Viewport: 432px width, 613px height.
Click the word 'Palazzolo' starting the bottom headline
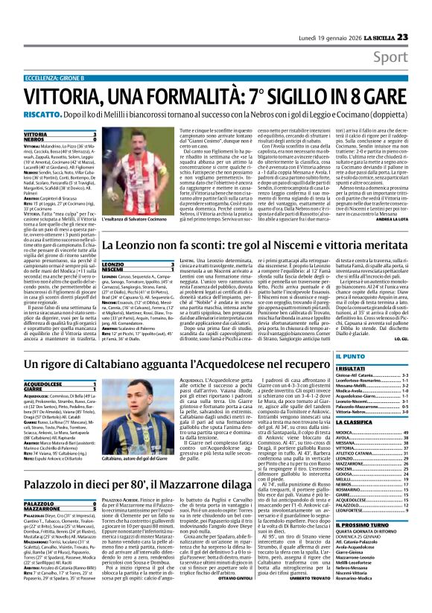(55, 484)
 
